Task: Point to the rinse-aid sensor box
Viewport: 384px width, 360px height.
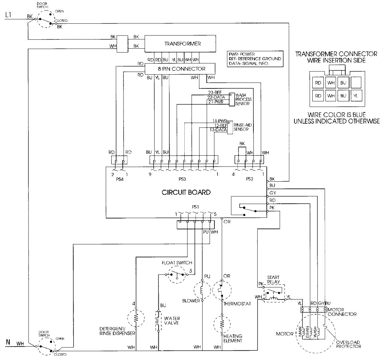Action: tap(230, 127)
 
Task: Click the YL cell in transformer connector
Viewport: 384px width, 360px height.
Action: tap(356, 95)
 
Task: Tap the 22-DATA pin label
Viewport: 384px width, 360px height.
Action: tap(216, 97)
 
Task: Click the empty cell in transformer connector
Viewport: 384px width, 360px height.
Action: tap(356, 83)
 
